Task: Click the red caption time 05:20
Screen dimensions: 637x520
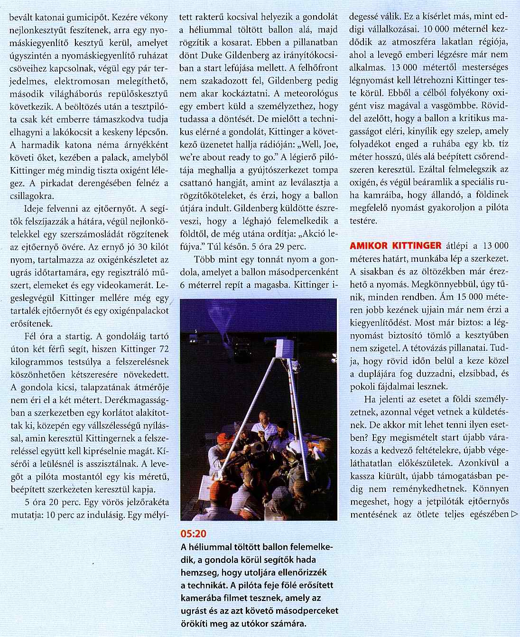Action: click(x=194, y=534)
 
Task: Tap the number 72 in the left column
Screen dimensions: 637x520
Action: click(x=163, y=349)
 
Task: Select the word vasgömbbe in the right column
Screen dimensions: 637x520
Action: click(x=451, y=105)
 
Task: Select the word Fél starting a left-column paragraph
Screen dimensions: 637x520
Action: click(x=31, y=337)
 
